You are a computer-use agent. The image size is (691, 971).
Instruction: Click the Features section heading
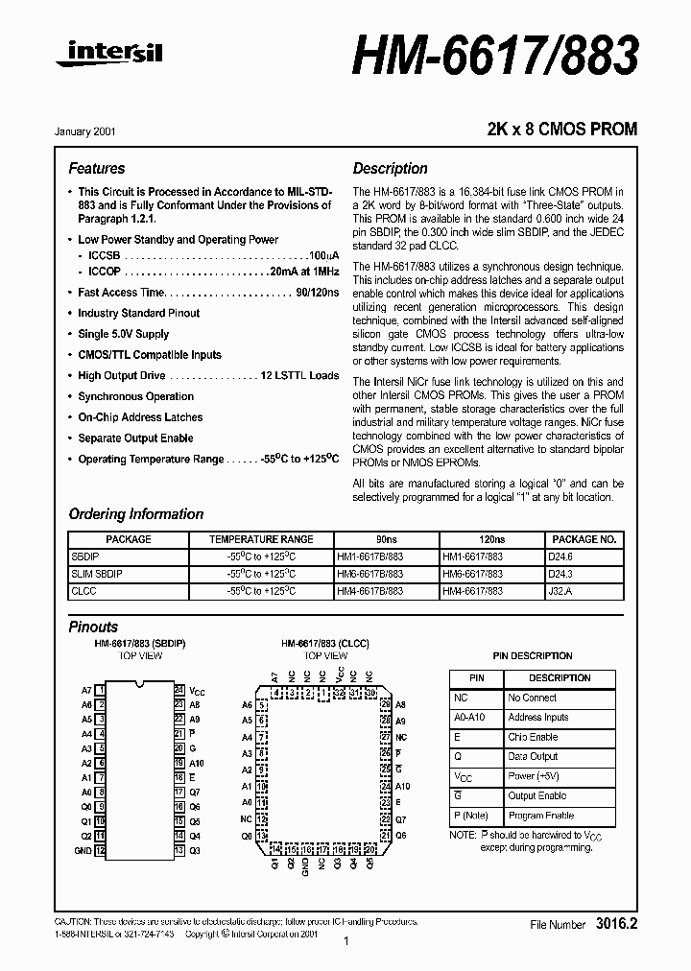pos(97,168)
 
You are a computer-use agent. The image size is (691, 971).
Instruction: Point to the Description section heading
pos(390,168)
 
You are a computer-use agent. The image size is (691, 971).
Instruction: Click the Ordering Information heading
pos(136,514)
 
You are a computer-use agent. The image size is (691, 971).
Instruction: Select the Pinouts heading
pos(94,627)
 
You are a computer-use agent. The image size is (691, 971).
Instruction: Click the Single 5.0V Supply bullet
pos(123,334)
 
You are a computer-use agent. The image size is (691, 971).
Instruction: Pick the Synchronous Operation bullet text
pos(135,396)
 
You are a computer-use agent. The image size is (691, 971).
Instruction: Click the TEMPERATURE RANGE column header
pos(261,539)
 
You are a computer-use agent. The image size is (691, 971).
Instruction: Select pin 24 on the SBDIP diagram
pos(179,690)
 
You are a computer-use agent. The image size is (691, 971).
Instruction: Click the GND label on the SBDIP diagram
pos(83,851)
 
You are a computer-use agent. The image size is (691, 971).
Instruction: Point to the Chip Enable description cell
pos(533,737)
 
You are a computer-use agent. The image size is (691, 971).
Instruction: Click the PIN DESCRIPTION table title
pos(533,656)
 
